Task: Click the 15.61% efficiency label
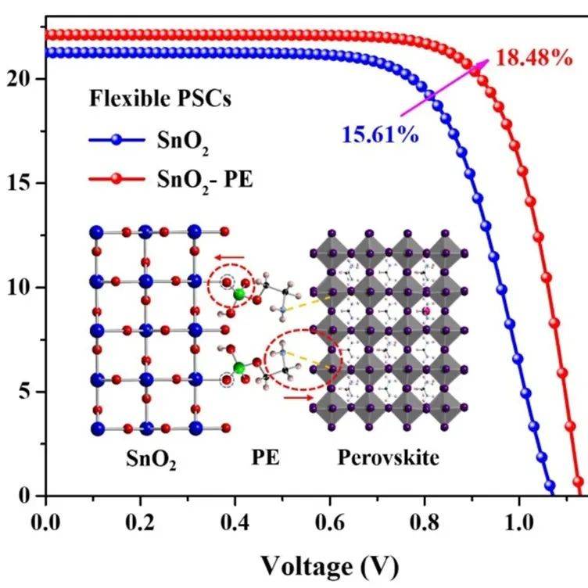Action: [378, 134]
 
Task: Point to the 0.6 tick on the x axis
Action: [330, 518]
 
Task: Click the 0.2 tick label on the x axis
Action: [141, 518]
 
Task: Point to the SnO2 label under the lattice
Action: [150, 459]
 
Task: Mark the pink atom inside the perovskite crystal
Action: [427, 312]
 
